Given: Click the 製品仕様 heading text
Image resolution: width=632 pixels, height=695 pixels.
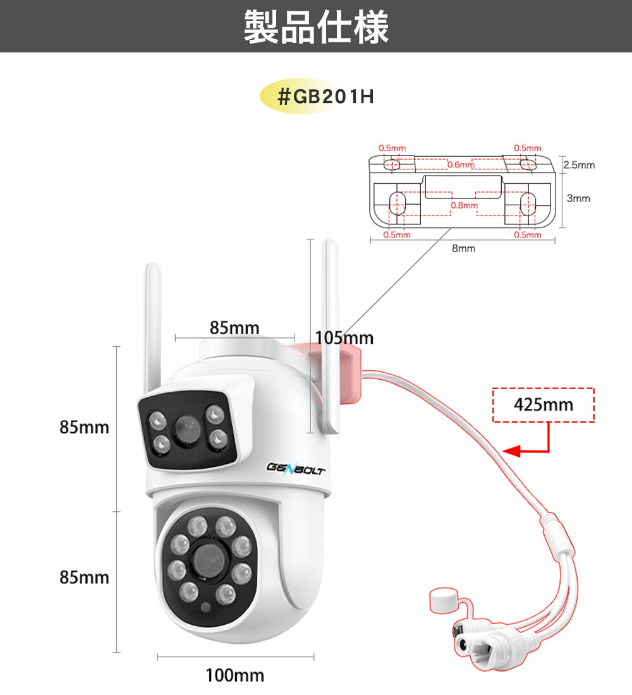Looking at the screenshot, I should coord(316,27).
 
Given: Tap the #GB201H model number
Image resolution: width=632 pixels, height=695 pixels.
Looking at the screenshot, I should coord(326,98).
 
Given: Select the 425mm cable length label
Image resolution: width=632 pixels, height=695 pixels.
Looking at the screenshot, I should coord(544,404).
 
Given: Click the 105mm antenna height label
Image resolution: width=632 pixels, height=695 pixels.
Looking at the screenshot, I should coord(344,339).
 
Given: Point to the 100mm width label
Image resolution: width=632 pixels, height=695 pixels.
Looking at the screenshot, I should coord(234,676).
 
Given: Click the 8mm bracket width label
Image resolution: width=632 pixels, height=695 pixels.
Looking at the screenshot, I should coord(463,249).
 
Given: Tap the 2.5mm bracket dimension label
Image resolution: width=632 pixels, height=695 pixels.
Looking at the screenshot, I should coord(578,166).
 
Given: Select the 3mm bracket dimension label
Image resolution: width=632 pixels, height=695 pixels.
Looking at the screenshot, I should coord(578,198).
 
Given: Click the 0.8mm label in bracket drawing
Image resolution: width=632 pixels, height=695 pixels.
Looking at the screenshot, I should coord(464,205).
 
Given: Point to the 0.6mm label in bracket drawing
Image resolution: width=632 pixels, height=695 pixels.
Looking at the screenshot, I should coord(460,165).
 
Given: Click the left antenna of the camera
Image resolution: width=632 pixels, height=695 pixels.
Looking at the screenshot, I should coord(152,329).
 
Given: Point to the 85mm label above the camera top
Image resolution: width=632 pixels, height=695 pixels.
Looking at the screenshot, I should coord(234,328).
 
